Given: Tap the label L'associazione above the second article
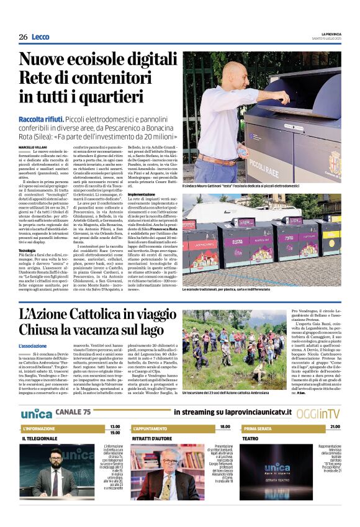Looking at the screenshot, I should tap(32, 346).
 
